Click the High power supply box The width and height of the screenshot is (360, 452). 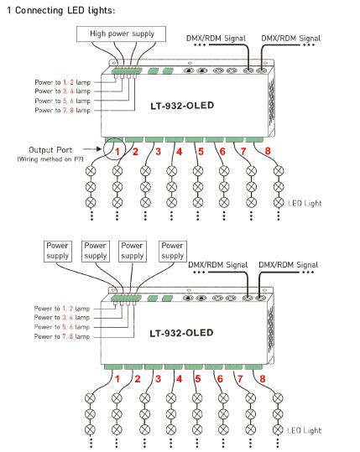(x=121, y=34)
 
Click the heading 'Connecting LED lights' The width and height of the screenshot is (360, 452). (x=65, y=10)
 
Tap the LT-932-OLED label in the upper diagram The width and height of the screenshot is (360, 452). (x=182, y=106)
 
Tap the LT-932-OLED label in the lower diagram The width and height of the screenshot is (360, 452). (x=181, y=333)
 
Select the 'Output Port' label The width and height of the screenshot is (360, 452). (x=50, y=150)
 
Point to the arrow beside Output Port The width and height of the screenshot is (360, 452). (x=92, y=149)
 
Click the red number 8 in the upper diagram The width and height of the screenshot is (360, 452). (x=268, y=151)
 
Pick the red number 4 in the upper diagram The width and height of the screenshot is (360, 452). (x=180, y=151)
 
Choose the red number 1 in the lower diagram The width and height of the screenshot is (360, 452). (x=117, y=379)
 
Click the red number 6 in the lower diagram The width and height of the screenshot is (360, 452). (x=220, y=379)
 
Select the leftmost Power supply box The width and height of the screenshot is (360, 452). (x=57, y=252)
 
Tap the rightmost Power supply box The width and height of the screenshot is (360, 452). (x=173, y=252)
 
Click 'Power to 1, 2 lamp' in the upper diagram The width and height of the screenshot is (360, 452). (x=63, y=82)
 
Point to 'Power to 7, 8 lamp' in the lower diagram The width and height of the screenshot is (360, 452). (x=62, y=336)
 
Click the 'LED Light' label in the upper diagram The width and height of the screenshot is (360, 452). (x=305, y=203)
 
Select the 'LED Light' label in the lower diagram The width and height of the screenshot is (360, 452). (x=305, y=430)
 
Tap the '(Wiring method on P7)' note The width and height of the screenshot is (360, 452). (x=50, y=159)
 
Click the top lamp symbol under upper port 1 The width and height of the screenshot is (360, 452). (x=91, y=171)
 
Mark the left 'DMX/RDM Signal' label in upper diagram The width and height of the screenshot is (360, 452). (x=216, y=39)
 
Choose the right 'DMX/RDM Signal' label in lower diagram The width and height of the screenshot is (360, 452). (x=288, y=265)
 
